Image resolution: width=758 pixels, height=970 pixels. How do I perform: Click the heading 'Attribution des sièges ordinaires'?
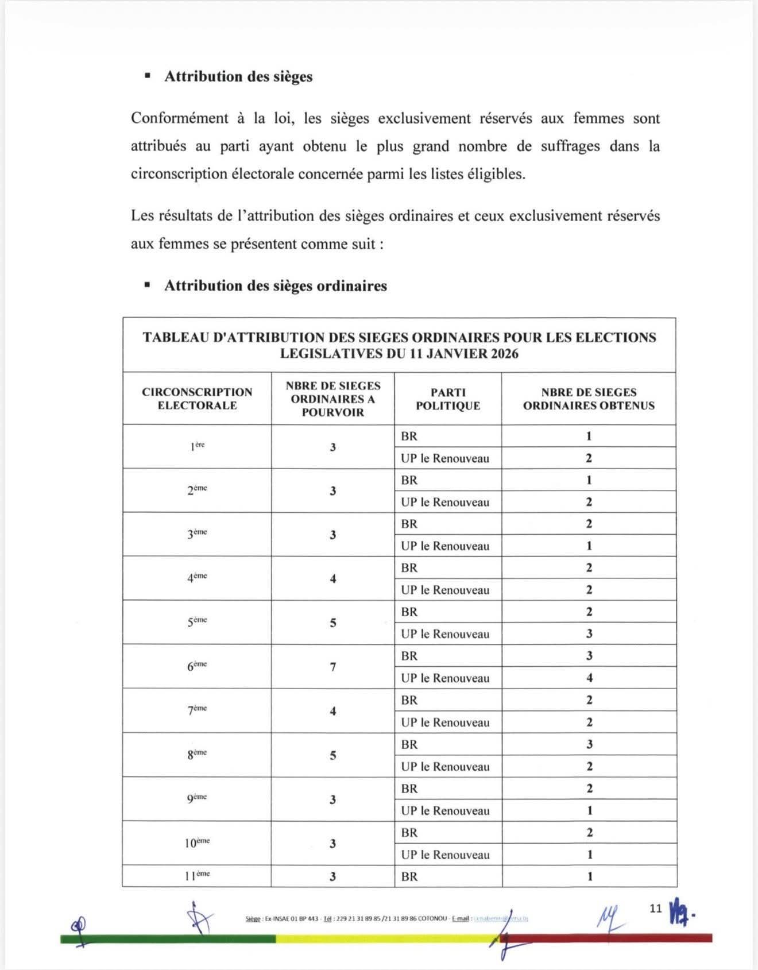276,286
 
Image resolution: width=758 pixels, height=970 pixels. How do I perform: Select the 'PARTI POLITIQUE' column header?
448,399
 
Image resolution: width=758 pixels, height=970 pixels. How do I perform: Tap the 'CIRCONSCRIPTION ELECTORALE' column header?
197,399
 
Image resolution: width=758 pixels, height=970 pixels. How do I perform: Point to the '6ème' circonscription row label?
197,666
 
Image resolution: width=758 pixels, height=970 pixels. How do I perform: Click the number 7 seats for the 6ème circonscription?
333,667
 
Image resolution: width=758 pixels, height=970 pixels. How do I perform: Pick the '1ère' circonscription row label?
197,446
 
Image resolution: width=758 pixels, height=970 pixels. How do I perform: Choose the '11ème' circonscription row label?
197,876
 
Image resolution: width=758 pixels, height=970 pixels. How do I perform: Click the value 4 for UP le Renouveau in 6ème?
589,678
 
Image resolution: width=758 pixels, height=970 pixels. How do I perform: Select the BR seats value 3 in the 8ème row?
589,744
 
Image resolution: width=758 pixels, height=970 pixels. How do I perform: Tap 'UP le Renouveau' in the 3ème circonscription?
445,546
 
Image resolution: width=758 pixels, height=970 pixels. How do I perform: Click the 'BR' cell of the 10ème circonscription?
409,833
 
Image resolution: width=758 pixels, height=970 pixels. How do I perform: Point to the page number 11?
656,909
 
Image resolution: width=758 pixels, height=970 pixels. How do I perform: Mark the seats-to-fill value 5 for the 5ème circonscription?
333,623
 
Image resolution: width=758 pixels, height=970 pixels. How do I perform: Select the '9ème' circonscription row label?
197,799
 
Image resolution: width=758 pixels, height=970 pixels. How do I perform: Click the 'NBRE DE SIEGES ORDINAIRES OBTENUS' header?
589,399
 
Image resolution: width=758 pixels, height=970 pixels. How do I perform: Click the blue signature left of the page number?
610,918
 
